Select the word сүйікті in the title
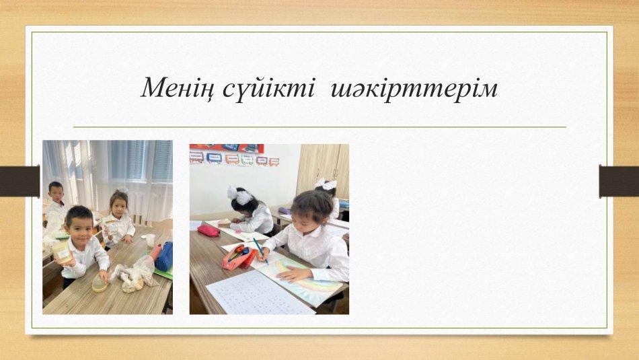pos(269,87)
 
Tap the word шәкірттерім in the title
pos(414,88)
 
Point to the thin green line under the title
pos(319,127)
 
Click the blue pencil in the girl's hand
pos(260,250)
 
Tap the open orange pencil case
pos(239,257)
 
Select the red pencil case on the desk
pos(209,230)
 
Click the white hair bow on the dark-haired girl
pos(240,195)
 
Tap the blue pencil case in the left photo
pos(165,257)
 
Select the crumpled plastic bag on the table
pos(133,275)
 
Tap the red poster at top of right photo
pos(227,147)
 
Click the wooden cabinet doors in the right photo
pos(322,171)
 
